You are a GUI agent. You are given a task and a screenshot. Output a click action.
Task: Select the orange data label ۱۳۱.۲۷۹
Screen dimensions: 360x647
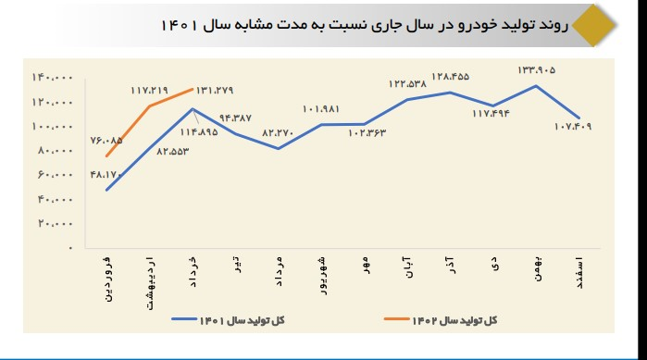(x=213, y=90)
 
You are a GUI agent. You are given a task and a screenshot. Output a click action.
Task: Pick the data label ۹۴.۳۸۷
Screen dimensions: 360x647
(x=234, y=118)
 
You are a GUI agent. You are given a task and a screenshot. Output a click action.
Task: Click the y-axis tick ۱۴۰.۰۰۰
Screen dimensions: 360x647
(x=56, y=77)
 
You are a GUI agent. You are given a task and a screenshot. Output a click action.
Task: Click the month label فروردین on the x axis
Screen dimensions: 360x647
(x=107, y=280)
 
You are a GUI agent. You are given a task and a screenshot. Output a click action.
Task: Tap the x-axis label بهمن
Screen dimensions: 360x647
(x=536, y=272)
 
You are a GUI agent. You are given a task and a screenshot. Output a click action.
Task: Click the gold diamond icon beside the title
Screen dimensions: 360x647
(x=589, y=25)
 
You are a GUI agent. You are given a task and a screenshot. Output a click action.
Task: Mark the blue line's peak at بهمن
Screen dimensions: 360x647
(x=536, y=86)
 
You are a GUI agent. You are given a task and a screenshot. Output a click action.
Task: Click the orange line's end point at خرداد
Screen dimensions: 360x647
(x=192, y=90)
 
